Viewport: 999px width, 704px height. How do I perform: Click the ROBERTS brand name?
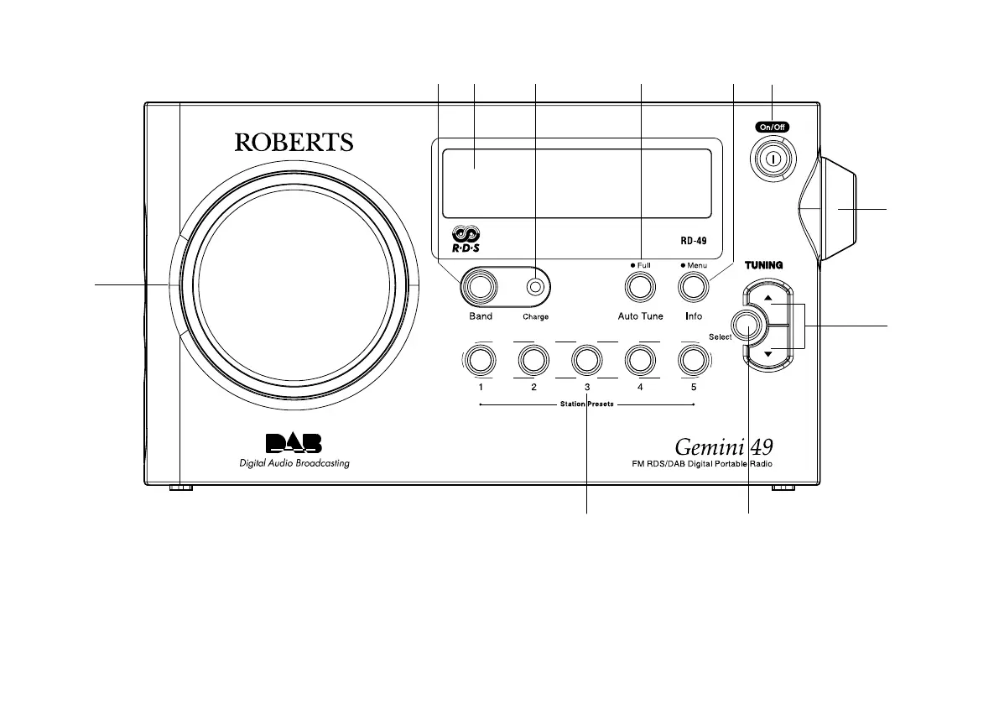[x=294, y=143]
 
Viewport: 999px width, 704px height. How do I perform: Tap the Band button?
[x=481, y=287]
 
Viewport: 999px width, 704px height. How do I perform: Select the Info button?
[x=693, y=287]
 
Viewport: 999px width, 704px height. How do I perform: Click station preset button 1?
[x=481, y=361]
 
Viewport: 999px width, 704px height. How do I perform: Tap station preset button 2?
[x=533, y=361]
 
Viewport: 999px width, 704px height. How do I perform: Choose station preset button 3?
[x=586, y=361]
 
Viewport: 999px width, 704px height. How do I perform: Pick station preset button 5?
[x=693, y=361]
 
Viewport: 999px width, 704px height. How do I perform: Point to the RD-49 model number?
[x=693, y=240]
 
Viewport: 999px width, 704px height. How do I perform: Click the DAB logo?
[x=294, y=443]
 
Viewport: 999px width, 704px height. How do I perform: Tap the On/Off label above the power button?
[x=770, y=128]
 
